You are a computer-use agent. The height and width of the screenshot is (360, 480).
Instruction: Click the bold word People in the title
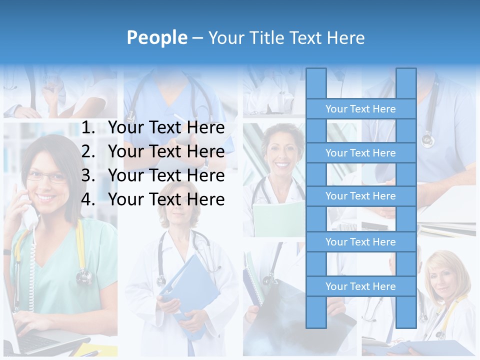(x=156, y=37)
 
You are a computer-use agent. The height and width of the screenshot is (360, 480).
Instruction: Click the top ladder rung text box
(x=360, y=109)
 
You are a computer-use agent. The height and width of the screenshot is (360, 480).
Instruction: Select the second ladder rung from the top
(x=360, y=153)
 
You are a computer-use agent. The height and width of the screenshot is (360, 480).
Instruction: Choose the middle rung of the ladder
(x=360, y=196)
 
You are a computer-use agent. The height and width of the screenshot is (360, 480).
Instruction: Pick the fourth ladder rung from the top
(x=360, y=242)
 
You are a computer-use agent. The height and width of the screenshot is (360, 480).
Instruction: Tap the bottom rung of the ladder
(x=360, y=286)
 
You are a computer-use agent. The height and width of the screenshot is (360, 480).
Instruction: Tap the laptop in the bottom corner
(x=30, y=340)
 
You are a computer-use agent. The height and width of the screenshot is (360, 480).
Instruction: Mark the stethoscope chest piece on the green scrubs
(x=84, y=275)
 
